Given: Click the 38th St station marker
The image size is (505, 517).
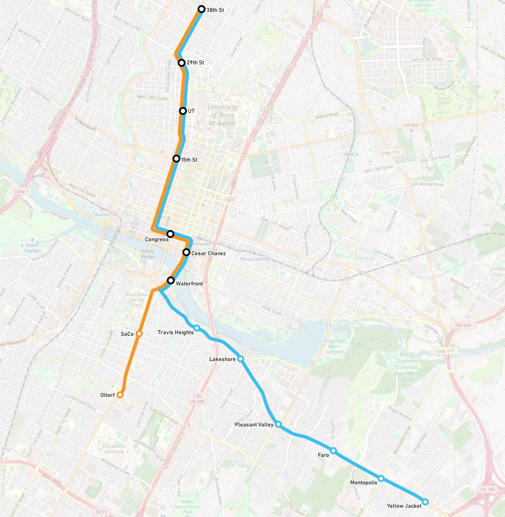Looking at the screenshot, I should [201, 9].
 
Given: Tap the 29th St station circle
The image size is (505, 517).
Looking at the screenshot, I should [182, 63].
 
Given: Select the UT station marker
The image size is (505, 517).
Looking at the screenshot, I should [183, 111].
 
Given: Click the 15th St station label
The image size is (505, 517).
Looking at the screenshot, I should [189, 160].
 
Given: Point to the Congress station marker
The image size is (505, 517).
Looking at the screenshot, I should [170, 234].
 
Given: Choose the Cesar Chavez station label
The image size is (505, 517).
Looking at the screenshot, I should [209, 254].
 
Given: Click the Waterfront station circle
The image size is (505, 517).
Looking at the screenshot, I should [171, 280].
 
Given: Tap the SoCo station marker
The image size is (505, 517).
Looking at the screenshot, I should [139, 334].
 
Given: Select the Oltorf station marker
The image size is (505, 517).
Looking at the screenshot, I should [120, 395].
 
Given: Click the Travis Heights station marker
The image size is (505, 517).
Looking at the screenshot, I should [197, 328].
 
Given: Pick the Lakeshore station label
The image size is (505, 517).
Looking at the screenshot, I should [222, 359].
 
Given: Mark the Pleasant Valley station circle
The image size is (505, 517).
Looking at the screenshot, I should [278, 424].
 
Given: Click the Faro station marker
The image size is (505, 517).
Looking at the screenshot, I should [333, 451].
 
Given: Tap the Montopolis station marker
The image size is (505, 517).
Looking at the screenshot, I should [381, 478].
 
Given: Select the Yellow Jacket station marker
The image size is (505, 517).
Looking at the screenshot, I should [425, 502].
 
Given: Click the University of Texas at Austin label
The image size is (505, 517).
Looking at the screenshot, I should [223, 115].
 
